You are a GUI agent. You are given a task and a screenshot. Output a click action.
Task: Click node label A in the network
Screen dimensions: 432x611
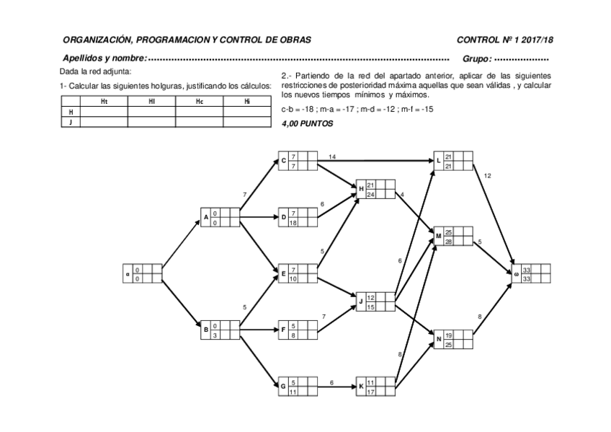click(206, 216)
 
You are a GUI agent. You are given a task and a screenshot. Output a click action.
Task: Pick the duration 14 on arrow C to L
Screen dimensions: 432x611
click(332, 157)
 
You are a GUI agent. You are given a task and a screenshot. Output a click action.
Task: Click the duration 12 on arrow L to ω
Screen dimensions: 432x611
click(488, 175)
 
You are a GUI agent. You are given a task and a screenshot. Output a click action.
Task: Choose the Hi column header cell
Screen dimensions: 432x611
click(246, 102)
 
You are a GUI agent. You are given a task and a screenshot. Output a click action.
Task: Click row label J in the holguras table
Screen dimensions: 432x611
click(71, 123)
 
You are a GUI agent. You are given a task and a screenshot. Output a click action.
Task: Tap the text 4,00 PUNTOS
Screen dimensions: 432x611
click(308, 123)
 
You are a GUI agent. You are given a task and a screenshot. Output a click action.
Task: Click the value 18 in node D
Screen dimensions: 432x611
click(294, 222)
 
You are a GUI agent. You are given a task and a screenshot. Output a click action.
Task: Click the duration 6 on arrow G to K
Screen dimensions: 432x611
click(331, 382)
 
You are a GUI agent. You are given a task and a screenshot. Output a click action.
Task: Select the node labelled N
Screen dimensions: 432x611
click(454, 340)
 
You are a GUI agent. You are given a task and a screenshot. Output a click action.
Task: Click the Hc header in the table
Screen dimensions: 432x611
click(199, 102)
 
